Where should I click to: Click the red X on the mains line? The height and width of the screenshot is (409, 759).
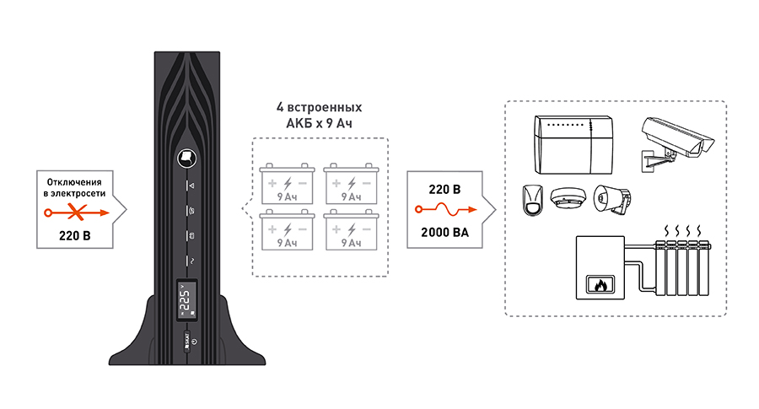[x=74, y=214]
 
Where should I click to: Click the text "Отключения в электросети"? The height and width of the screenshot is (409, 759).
[x=74, y=189]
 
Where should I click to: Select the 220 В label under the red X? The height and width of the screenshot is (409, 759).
[x=74, y=236]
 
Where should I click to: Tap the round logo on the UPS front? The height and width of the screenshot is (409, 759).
[x=186, y=156]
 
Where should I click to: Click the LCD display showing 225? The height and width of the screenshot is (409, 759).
[x=186, y=300]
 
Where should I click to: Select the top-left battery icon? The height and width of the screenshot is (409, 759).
[x=288, y=183]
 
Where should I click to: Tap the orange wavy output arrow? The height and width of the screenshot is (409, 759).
[x=444, y=210]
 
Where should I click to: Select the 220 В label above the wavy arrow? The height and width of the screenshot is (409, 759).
[x=444, y=189]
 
